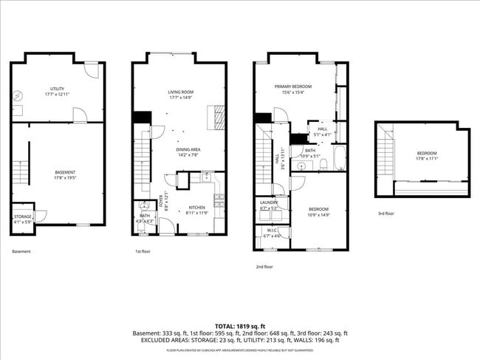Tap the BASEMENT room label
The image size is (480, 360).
pyautogui.click(x=64, y=175)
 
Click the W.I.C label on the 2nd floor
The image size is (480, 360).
pyautogui.click(x=271, y=234)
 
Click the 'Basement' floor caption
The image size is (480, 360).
pyautogui.click(x=21, y=252)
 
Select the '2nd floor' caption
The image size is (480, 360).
pyautogui.click(x=264, y=266)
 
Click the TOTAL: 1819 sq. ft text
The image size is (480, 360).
pyautogui.click(x=240, y=325)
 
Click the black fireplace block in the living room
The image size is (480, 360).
pyautogui.click(x=140, y=118)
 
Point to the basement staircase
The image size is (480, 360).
pyautogui.click(x=23, y=173)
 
